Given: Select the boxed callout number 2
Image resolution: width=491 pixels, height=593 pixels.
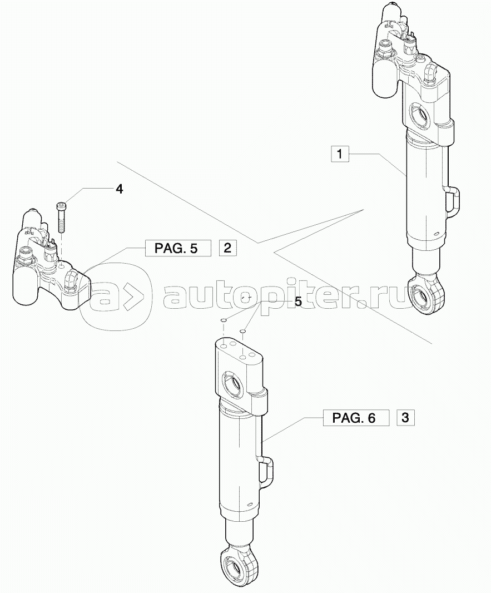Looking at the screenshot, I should point(228,248).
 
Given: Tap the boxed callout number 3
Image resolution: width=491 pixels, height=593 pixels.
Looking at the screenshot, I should point(405,417).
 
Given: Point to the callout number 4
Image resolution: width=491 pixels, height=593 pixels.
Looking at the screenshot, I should point(119,189).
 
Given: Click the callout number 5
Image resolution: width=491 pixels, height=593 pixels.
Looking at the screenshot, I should point(298,302).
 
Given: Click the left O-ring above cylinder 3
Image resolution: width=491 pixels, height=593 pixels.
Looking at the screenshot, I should point(222,320).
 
